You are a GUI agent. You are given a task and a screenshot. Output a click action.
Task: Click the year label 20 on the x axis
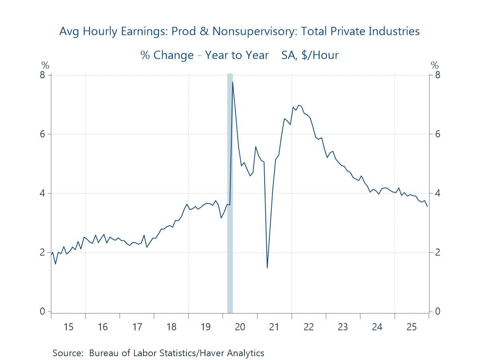[x=240, y=327]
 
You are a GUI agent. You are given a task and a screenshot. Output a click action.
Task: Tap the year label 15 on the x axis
[x=68, y=327]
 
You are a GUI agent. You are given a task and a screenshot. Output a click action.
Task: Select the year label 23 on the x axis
[x=343, y=327]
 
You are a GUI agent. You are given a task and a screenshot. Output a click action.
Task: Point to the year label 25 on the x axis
[x=411, y=327]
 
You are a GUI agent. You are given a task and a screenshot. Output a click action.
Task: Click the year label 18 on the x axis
[x=171, y=327]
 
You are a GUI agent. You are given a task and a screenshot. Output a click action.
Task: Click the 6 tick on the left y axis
[x=43, y=134]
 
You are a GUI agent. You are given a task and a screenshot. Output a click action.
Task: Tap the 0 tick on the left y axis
[x=43, y=312]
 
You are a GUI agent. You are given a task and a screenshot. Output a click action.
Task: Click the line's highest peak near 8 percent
[x=232, y=82]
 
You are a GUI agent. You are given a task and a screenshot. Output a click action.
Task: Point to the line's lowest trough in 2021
[x=267, y=268]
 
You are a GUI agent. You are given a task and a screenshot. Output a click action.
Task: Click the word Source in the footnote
[x=67, y=353]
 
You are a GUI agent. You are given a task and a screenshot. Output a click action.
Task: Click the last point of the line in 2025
[x=428, y=206]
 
